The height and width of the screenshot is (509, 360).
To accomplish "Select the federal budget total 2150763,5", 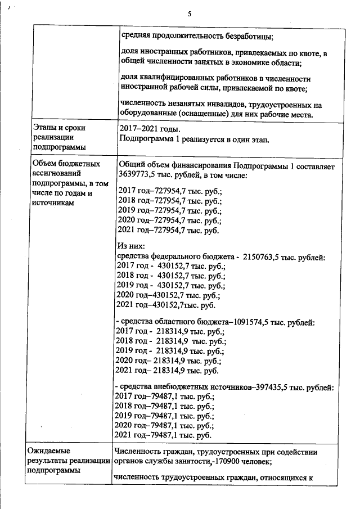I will coord(265,257).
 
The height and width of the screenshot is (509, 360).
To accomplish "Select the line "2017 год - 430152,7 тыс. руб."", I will coord(170,267).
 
